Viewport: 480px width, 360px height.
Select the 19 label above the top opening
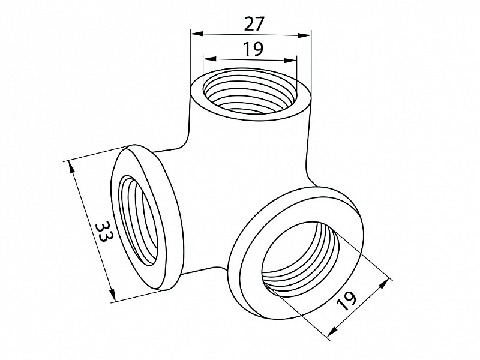tap(254, 49)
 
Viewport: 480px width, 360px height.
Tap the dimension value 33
tap(103, 232)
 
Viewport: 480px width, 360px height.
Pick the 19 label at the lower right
tap(347, 301)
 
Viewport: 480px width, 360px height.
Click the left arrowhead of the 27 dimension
tap(197, 34)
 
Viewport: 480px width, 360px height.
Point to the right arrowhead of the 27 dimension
tap(304, 35)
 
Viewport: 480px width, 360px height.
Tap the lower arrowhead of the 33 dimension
tap(113, 295)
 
